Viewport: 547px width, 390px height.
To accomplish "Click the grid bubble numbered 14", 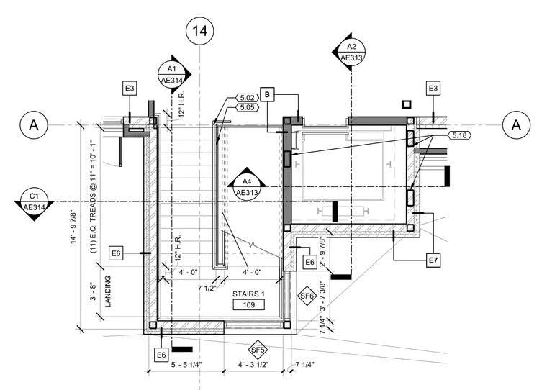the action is point(200,31).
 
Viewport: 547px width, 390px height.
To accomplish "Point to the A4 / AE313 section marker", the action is point(247,186).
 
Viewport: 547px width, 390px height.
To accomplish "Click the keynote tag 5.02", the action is point(248,98).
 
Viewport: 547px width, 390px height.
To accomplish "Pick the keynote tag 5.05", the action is point(248,107).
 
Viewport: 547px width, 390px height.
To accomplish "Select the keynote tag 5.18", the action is point(459,135).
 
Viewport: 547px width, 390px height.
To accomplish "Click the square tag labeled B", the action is point(267,94).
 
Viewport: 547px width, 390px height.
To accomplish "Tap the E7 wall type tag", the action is point(433,260).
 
